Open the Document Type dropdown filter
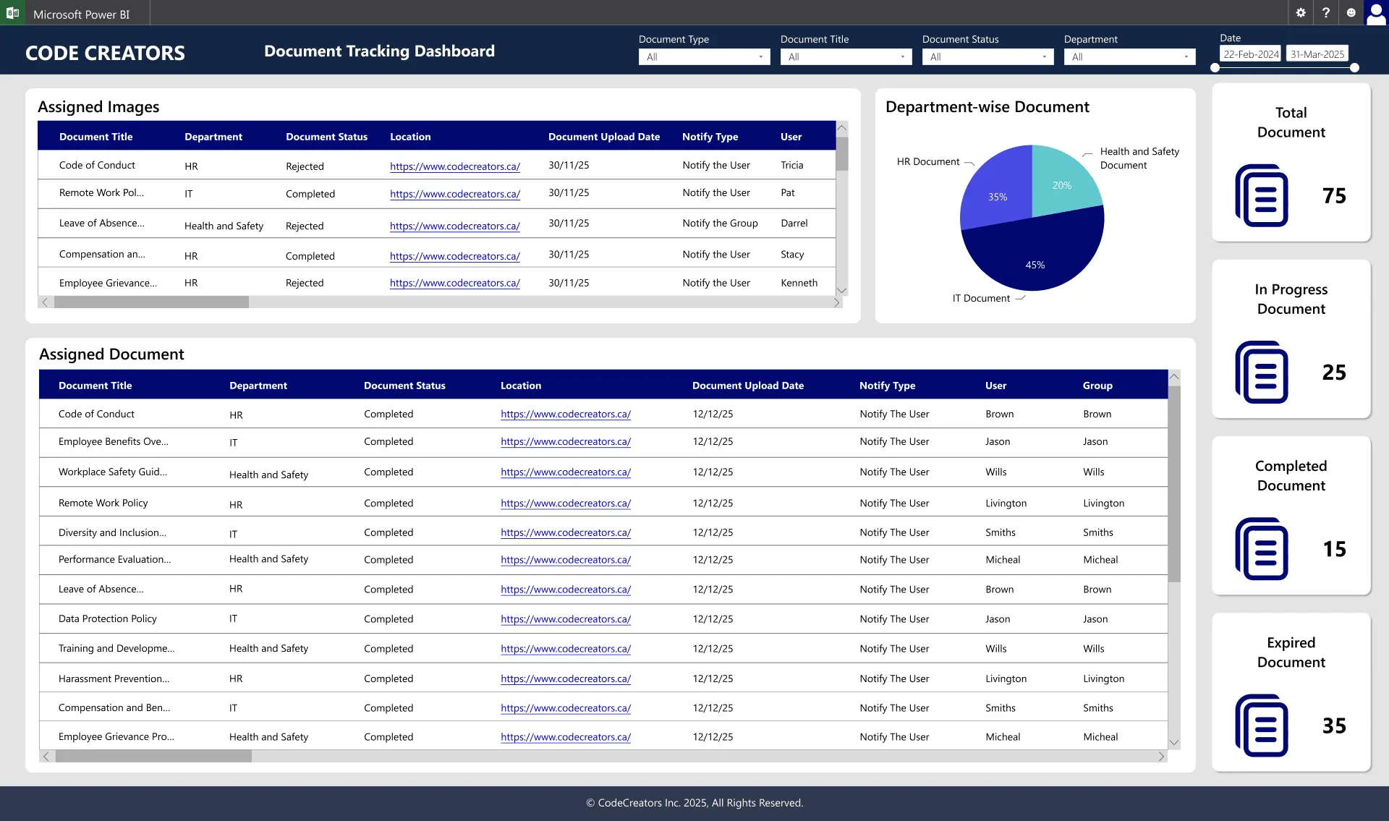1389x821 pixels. [x=703, y=57]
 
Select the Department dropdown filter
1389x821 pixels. [x=1129, y=57]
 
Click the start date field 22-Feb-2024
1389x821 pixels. [x=1251, y=54]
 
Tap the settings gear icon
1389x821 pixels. [x=1301, y=13]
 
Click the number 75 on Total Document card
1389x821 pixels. [x=1334, y=196]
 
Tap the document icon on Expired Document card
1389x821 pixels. [x=1262, y=726]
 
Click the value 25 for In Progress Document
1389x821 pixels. [x=1334, y=373]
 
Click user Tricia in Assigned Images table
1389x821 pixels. [x=791, y=166]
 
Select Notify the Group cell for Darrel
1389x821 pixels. [x=720, y=224]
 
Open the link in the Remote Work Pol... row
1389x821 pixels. [x=454, y=194]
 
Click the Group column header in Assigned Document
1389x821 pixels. [x=1097, y=386]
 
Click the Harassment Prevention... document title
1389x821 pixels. [x=114, y=679]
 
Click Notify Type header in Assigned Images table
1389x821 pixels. [x=710, y=137]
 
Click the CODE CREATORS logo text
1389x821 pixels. [x=105, y=53]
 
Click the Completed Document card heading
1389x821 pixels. [x=1291, y=476]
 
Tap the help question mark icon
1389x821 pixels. [x=1325, y=13]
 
